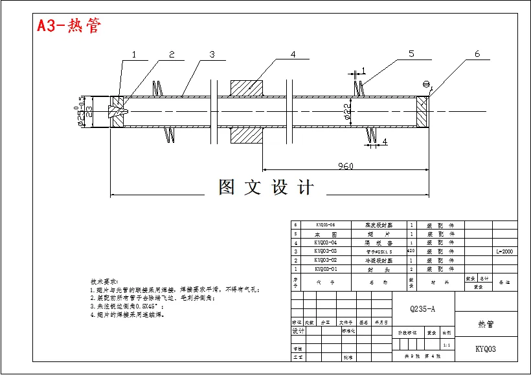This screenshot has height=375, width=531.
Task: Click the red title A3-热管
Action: point(69,26)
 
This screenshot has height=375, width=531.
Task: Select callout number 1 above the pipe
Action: point(134,55)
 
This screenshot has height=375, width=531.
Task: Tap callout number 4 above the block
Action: point(293,55)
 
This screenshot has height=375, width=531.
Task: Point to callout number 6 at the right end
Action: point(477,54)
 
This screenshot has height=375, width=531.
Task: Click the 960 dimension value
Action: point(345,167)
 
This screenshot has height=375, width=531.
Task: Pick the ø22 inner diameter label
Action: point(348,111)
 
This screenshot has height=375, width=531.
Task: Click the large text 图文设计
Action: point(267,187)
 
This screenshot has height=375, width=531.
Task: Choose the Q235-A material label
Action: point(423,309)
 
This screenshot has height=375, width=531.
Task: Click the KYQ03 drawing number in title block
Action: point(486,348)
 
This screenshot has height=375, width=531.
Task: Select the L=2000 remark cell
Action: point(504,251)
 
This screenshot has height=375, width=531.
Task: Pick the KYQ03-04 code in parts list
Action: point(325,242)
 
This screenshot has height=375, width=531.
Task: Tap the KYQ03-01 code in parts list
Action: point(325,268)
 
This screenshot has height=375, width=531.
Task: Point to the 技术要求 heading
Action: point(104,283)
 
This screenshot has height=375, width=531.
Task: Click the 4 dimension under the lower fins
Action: point(384,142)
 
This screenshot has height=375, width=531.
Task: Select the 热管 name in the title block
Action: point(486,323)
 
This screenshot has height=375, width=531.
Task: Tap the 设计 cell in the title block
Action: point(298,330)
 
